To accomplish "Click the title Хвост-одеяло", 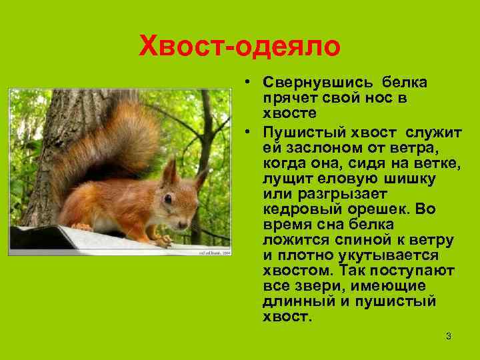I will point(239,47).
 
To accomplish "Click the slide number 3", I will point(449,336).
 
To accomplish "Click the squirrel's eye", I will point(169,199).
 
